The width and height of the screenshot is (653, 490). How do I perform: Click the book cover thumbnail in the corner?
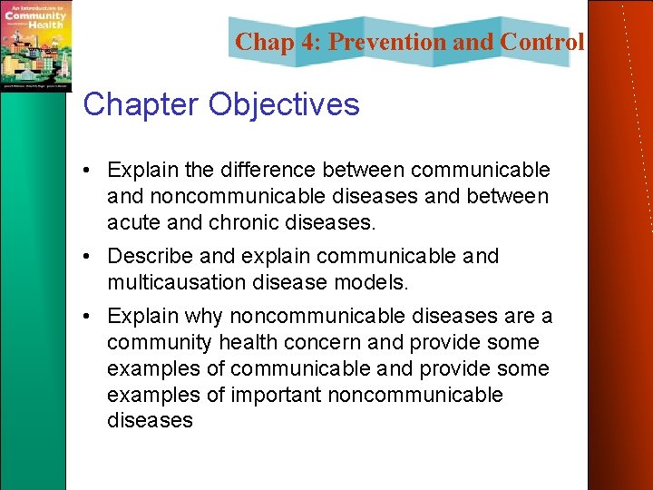point(35,44)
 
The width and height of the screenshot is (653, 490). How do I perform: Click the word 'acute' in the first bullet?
point(133,222)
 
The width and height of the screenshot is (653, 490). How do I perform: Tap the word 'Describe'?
point(149,256)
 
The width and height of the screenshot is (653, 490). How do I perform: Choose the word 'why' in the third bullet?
point(203,316)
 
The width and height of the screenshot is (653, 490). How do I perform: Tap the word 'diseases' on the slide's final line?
point(150,420)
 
